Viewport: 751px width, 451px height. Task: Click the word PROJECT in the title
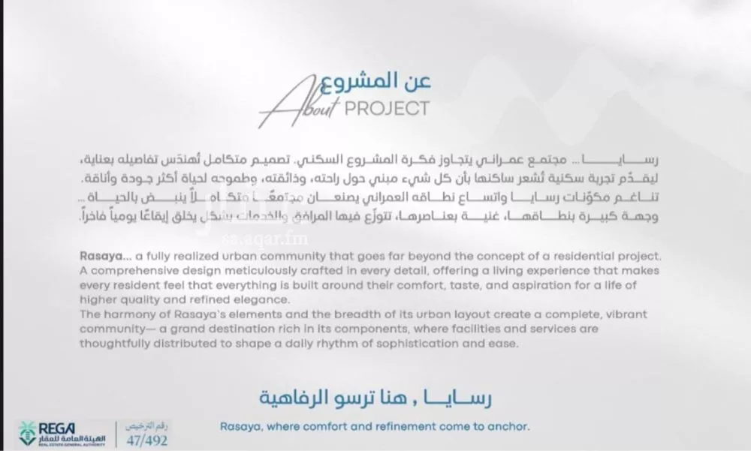click(x=386, y=109)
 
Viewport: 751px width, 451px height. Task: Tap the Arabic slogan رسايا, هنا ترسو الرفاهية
click(x=376, y=397)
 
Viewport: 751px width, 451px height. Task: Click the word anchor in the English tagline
click(x=508, y=426)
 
